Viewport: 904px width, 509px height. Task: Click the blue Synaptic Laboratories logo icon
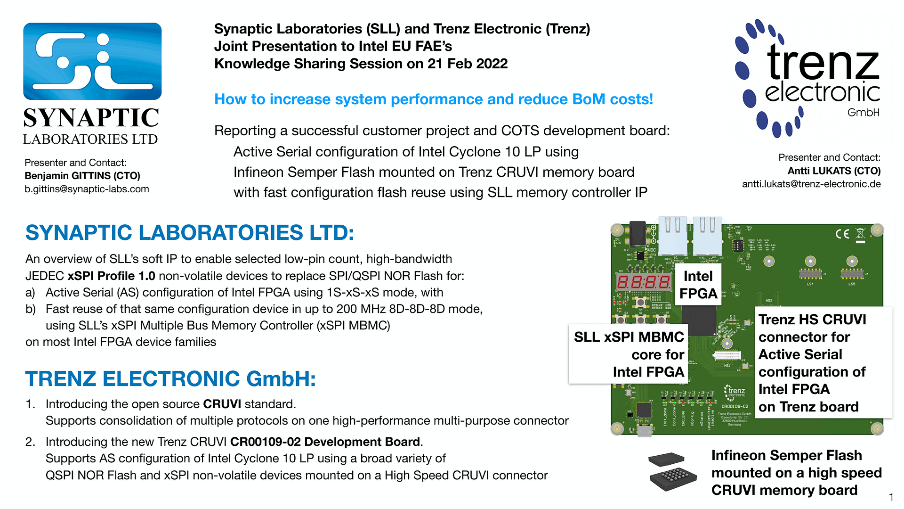click(92, 61)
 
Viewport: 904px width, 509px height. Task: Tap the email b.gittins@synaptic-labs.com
click(87, 189)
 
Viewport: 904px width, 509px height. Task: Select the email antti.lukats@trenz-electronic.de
click(811, 184)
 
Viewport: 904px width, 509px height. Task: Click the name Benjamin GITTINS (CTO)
click(82, 176)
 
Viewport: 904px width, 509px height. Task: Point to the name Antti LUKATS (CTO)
click(834, 171)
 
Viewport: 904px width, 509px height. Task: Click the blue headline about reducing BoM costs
click(433, 99)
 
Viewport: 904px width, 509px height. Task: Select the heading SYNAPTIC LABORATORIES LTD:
click(189, 233)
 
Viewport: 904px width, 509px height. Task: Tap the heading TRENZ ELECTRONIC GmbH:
click(170, 379)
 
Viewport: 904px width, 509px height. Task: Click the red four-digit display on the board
click(644, 282)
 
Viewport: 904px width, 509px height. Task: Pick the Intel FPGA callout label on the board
click(698, 285)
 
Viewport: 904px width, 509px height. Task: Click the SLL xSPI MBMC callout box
click(628, 354)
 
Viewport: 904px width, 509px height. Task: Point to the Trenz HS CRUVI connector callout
click(823, 362)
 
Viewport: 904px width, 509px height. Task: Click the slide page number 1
click(891, 497)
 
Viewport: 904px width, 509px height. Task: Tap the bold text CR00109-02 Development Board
click(325, 442)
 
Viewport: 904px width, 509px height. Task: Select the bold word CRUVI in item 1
click(222, 404)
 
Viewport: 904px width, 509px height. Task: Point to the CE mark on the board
click(842, 234)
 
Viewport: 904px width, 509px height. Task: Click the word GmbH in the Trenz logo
click(863, 113)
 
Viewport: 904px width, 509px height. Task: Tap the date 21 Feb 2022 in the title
click(468, 64)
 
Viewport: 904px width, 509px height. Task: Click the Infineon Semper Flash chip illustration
click(672, 472)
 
